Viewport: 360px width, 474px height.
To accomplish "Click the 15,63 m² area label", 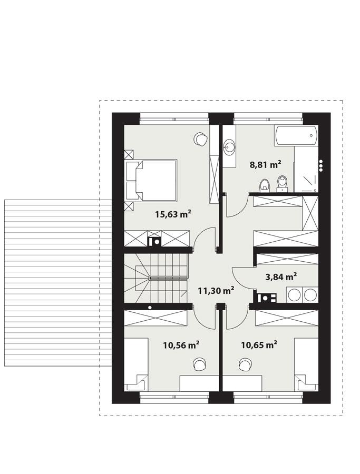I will pyautogui.click(x=173, y=214).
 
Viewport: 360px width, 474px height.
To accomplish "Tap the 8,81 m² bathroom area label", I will pyautogui.click(x=265, y=164).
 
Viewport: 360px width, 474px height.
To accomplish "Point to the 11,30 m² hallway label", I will pyautogui.click(x=216, y=290).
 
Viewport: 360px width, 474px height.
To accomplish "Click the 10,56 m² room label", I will pyautogui.click(x=181, y=345).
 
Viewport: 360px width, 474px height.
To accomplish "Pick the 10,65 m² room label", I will pyautogui.click(x=259, y=345).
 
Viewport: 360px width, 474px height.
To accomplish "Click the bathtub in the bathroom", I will pyautogui.click(x=296, y=136).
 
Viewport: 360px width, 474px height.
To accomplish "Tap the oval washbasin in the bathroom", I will pyautogui.click(x=229, y=147).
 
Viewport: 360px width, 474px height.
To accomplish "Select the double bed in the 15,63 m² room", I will pyautogui.click(x=153, y=180).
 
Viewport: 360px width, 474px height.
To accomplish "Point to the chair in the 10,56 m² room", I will pyautogui.click(x=199, y=363).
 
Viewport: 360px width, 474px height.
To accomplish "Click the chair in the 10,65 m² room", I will pyautogui.click(x=245, y=363).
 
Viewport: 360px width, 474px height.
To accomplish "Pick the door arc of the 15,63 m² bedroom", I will pyautogui.click(x=203, y=240).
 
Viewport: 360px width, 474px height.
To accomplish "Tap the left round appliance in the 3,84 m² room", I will pyautogui.click(x=293, y=294).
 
